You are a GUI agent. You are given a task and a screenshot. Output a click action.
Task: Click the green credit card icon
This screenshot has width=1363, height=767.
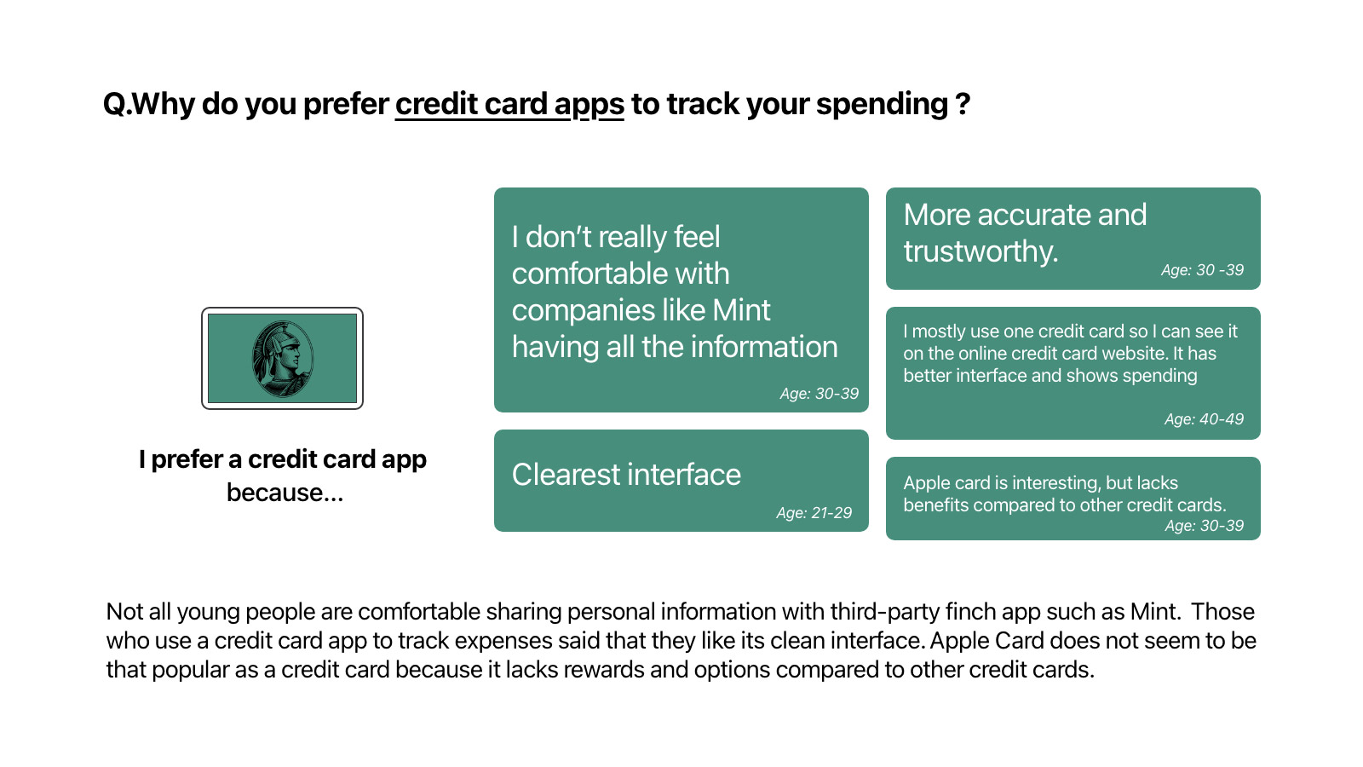[x=282, y=358]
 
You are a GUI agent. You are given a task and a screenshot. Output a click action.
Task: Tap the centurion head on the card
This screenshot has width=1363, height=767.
[x=282, y=359]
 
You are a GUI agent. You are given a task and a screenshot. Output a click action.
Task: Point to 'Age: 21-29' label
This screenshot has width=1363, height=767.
[x=814, y=512]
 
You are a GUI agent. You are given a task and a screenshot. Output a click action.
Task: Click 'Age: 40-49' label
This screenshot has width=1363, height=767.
[x=1204, y=418]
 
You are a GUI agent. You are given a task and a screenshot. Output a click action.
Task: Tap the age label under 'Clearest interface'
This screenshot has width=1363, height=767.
[x=814, y=512]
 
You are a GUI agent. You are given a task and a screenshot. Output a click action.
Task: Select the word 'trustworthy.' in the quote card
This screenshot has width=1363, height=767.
[x=981, y=252]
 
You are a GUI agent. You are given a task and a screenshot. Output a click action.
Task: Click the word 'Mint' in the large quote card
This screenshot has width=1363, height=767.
[x=741, y=310]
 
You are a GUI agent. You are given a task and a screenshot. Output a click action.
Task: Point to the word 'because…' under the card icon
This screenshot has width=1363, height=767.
[x=285, y=493]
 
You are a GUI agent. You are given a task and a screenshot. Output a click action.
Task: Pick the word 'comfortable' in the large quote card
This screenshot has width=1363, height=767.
[x=620, y=274]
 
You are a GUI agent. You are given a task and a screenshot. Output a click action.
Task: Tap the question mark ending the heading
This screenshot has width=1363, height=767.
[x=963, y=104]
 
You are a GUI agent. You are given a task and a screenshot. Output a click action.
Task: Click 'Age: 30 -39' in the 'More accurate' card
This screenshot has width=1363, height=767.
[x=1202, y=269]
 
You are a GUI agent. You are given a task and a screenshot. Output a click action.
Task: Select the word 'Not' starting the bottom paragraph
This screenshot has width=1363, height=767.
[x=124, y=611]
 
